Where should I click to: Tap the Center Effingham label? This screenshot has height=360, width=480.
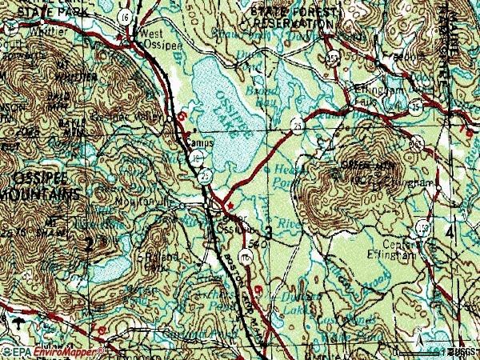pos(403,250)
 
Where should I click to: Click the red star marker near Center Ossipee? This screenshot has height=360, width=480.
pos(231,205)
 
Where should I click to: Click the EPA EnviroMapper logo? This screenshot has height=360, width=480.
pos(53,352)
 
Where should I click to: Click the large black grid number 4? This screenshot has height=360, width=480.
pos(450,231)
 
